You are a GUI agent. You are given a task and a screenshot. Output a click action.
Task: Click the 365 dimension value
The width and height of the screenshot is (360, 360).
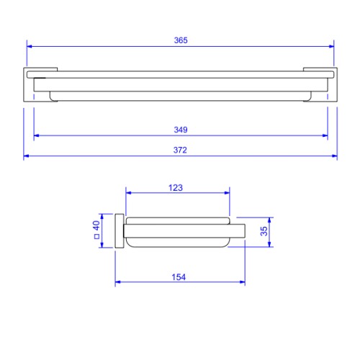coord(181,40)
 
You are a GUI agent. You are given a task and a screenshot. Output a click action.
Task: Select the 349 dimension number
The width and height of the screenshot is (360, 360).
coord(181,130)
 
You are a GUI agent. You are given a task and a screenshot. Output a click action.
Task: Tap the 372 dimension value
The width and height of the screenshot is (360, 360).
coord(180,150)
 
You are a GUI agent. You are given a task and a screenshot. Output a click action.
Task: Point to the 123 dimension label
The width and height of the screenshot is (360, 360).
coord(176,188)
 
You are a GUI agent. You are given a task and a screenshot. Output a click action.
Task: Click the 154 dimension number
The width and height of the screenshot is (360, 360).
coord(179,277)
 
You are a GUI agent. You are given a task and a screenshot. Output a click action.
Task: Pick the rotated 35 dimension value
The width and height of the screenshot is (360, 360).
coord(264,231)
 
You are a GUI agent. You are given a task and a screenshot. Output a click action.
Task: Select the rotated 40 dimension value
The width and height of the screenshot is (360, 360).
coord(96,225)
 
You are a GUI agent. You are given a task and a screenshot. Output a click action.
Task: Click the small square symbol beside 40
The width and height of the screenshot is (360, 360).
coord(96,237)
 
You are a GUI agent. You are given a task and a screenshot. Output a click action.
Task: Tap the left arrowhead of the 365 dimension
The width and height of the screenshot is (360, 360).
coord(30,46)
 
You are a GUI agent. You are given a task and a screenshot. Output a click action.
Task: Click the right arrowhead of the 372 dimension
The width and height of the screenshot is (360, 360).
coord(335,156)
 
